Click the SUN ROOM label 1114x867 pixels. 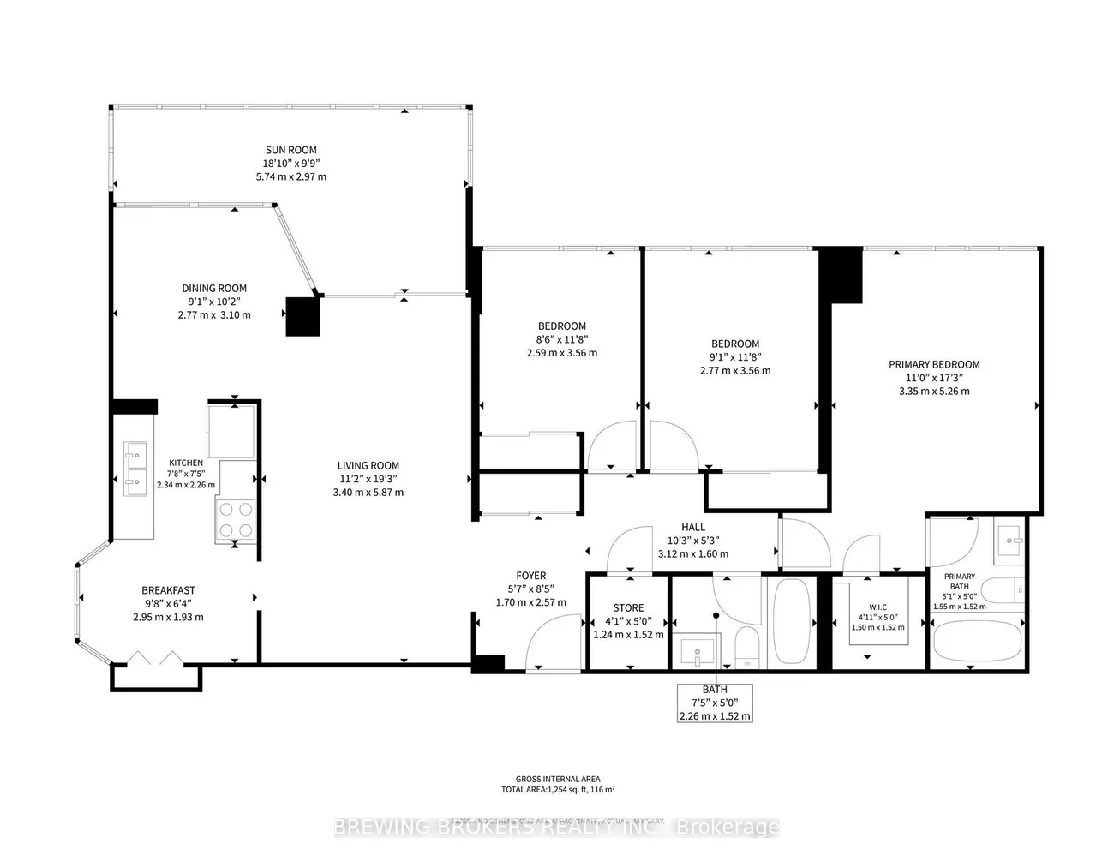[290, 151]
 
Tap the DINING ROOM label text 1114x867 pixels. [213, 289]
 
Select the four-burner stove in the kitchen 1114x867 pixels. [237, 519]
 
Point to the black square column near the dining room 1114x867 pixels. [302, 316]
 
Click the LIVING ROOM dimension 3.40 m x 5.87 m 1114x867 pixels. [368, 493]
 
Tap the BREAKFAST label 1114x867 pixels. [168, 590]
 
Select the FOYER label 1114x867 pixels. [530, 576]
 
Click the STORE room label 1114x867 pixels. [628, 608]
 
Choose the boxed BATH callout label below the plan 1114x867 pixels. [715, 703]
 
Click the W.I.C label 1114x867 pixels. [877, 607]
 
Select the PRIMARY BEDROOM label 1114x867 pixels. [934, 364]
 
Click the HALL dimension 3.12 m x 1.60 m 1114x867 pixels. [693, 554]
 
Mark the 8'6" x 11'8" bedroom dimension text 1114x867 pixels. [561, 339]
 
